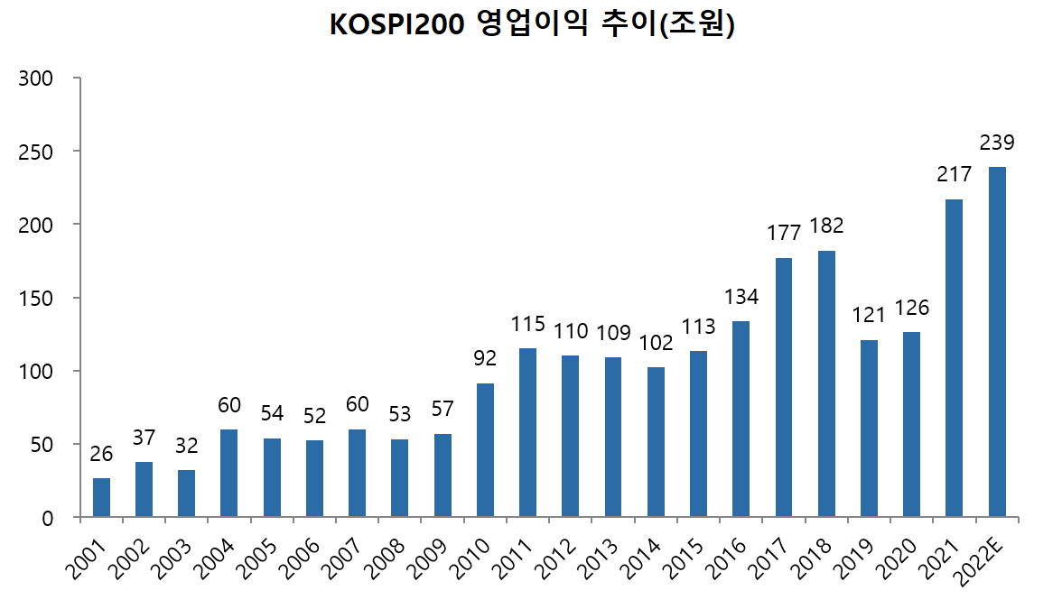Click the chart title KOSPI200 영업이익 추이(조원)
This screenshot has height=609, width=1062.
point(532,25)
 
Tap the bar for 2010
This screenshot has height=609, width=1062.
point(485,450)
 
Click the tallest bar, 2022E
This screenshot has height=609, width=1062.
point(997,342)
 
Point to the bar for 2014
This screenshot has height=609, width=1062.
point(656,442)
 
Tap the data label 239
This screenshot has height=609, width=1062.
point(997,143)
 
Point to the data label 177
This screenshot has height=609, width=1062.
point(784,233)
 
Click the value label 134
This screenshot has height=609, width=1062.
point(741,296)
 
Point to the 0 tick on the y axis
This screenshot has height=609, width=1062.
point(48,518)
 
